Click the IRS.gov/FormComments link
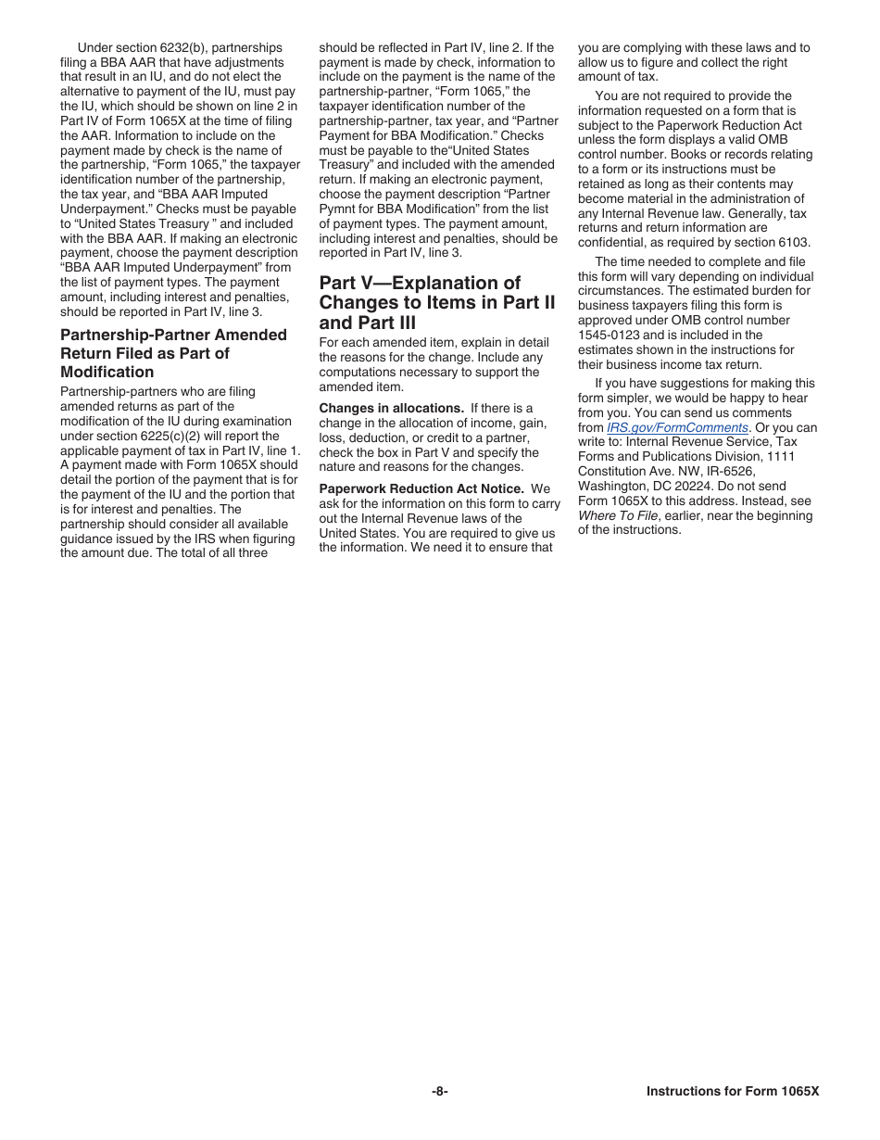677,427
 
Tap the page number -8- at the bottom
440,1091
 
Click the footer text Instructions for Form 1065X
733,1091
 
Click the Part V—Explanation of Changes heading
436,302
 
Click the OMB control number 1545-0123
610,335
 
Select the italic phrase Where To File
618,515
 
